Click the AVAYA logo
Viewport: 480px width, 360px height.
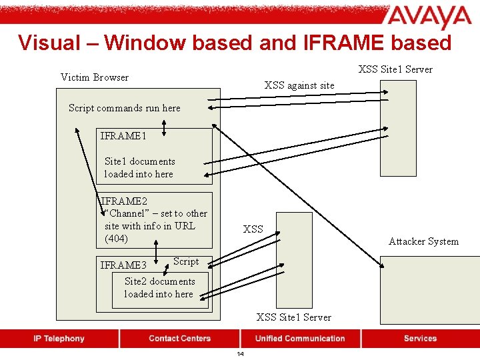click(429, 18)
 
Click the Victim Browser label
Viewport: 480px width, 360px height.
click(95, 77)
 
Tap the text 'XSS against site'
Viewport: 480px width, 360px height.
click(299, 85)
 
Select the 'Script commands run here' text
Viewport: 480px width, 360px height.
click(124, 108)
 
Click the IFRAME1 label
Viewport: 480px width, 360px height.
click(123, 136)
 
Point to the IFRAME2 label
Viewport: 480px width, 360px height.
click(124, 201)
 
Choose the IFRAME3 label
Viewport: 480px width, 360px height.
click(123, 265)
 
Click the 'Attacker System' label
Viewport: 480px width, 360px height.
click(423, 241)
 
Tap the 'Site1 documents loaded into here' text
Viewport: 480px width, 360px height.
click(139, 167)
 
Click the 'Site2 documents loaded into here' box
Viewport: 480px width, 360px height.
click(159, 288)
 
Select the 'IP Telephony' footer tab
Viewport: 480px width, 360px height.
click(59, 339)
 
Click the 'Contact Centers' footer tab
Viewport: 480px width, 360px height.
click(179, 339)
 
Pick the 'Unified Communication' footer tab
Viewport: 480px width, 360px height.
click(300, 339)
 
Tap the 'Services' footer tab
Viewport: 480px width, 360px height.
click(420, 339)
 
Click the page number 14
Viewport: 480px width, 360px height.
click(240, 354)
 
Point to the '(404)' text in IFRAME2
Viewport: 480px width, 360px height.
click(116, 238)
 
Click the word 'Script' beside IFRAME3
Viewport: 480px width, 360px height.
click(186, 261)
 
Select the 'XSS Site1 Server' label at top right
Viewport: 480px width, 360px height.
click(395, 69)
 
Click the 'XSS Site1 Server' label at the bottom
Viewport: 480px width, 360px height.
click(293, 317)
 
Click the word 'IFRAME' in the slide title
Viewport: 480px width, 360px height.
click(340, 43)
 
